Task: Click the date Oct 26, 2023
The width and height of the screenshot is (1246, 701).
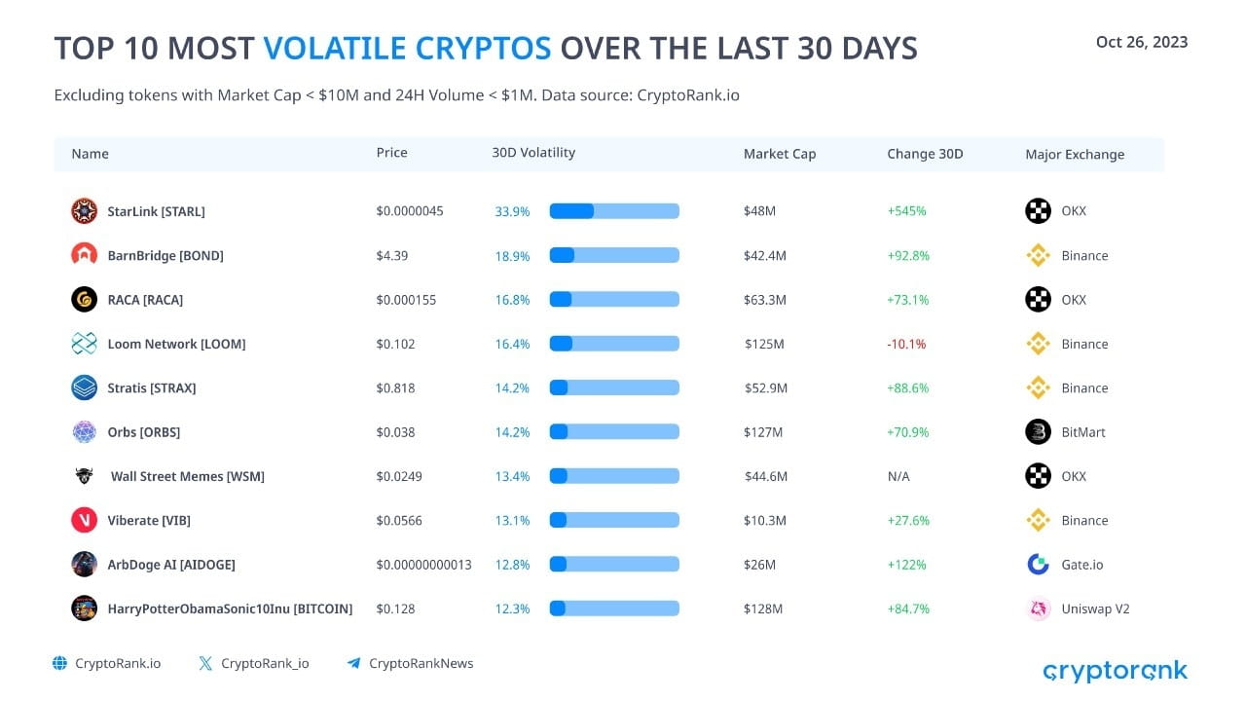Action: point(1141,42)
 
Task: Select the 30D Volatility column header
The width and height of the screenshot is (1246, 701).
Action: point(533,153)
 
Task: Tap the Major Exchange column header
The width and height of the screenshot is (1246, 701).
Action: point(1075,154)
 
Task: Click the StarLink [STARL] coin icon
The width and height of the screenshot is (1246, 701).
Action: point(84,211)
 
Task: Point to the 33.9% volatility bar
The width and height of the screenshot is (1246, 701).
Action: point(613,211)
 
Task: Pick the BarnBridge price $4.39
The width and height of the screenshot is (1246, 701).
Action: point(392,256)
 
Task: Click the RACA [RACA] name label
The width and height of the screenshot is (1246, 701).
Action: point(145,300)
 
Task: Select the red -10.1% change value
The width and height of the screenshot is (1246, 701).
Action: point(906,344)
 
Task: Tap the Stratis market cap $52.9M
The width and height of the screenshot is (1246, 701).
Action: point(765,387)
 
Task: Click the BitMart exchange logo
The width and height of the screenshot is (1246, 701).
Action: point(1038,432)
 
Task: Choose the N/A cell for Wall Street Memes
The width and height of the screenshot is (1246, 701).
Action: point(899,476)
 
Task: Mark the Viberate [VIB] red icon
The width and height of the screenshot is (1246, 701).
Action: point(84,520)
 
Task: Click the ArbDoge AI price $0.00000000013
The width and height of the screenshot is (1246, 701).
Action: point(423,565)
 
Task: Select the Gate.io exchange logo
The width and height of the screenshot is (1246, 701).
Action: point(1038,565)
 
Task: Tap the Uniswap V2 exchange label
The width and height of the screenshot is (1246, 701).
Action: point(1095,609)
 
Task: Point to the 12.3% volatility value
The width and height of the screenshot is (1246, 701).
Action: point(512,609)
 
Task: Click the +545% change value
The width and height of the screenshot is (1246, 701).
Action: point(906,211)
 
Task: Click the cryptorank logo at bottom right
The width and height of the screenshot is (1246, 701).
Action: point(1115,671)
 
